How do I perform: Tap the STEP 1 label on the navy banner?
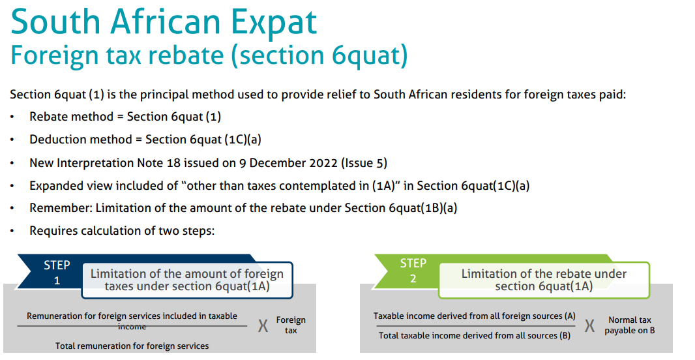tap(57, 273)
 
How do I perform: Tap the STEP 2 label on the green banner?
tap(413, 271)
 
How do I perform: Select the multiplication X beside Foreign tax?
tap(263, 326)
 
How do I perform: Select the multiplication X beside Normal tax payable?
tap(589, 326)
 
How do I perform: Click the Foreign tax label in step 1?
tap(291, 325)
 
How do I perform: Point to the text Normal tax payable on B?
tap(629, 325)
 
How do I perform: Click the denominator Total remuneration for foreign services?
tap(132, 346)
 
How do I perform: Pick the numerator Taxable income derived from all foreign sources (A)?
tap(474, 316)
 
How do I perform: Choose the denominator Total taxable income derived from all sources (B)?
tap(474, 336)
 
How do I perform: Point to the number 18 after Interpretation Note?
tap(173, 162)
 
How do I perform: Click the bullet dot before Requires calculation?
tap(12, 231)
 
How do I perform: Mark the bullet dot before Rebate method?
tap(12, 117)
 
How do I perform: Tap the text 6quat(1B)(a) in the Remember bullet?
tap(423, 208)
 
